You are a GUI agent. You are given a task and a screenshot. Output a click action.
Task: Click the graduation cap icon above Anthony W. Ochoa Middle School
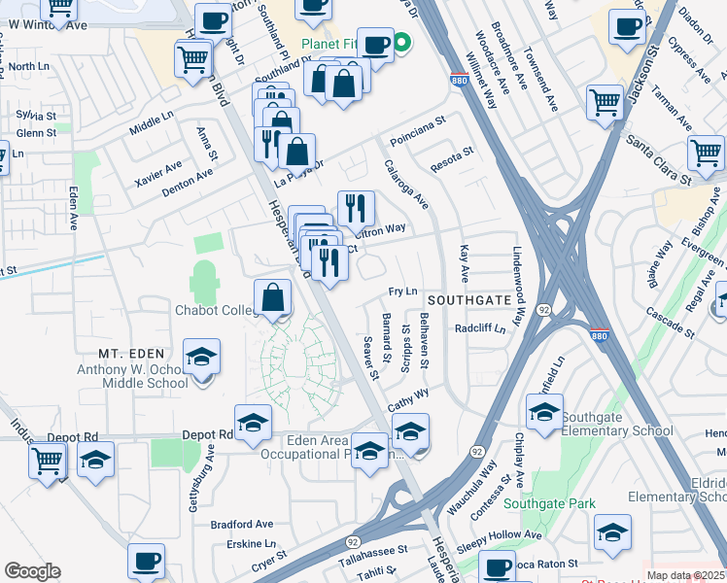(x=202, y=358)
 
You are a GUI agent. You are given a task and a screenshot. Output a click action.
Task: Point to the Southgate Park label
(x=549, y=504)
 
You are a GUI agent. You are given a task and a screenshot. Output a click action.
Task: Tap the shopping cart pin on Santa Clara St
(x=706, y=154)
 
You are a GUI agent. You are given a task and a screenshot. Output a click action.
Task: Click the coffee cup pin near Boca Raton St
(x=498, y=568)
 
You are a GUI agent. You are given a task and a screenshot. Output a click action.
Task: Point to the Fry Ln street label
(x=402, y=291)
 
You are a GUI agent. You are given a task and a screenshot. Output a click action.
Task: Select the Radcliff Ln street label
(x=480, y=328)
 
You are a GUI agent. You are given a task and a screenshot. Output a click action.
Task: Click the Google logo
(x=32, y=571)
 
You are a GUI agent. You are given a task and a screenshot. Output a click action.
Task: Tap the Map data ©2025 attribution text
(x=685, y=575)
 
